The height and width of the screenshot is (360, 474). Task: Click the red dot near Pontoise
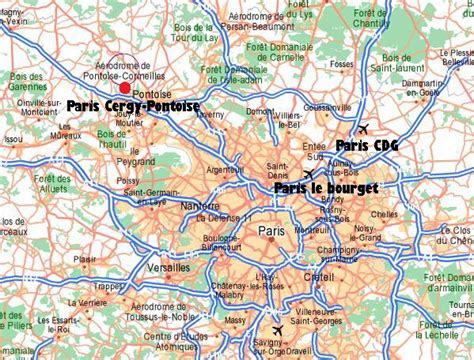124,88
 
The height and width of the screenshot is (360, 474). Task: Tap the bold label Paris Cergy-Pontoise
133,105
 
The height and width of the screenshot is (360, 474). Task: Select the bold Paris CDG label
367,145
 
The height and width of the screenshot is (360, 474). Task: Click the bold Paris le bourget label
325,187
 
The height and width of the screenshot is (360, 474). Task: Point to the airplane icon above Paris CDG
362,129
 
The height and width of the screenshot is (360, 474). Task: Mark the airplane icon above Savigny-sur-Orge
277,330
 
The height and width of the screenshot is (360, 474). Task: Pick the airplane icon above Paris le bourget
308,174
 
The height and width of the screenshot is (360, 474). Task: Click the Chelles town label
384,213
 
